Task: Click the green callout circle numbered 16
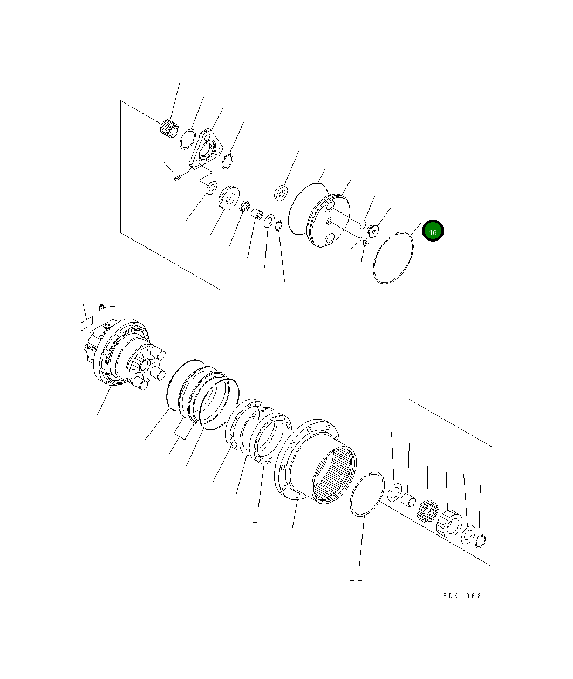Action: click(x=432, y=231)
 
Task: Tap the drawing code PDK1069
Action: click(x=462, y=596)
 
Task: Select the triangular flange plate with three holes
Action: click(x=206, y=149)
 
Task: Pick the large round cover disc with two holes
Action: click(x=328, y=221)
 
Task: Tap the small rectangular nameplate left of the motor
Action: click(x=87, y=324)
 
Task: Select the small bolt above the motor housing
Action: click(x=101, y=306)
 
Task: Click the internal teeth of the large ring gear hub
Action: click(x=334, y=475)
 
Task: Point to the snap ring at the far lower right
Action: click(x=480, y=541)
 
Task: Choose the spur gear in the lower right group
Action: click(x=427, y=511)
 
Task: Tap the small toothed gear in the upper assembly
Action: click(x=244, y=207)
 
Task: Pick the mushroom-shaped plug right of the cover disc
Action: click(x=373, y=231)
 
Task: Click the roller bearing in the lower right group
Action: click(x=449, y=524)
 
